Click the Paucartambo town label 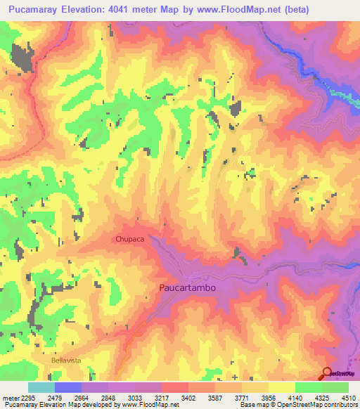pyautogui.click(x=186, y=288)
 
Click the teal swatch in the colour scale pyautogui.click(x=41, y=387)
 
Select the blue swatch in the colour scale pyautogui.click(x=67, y=387)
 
